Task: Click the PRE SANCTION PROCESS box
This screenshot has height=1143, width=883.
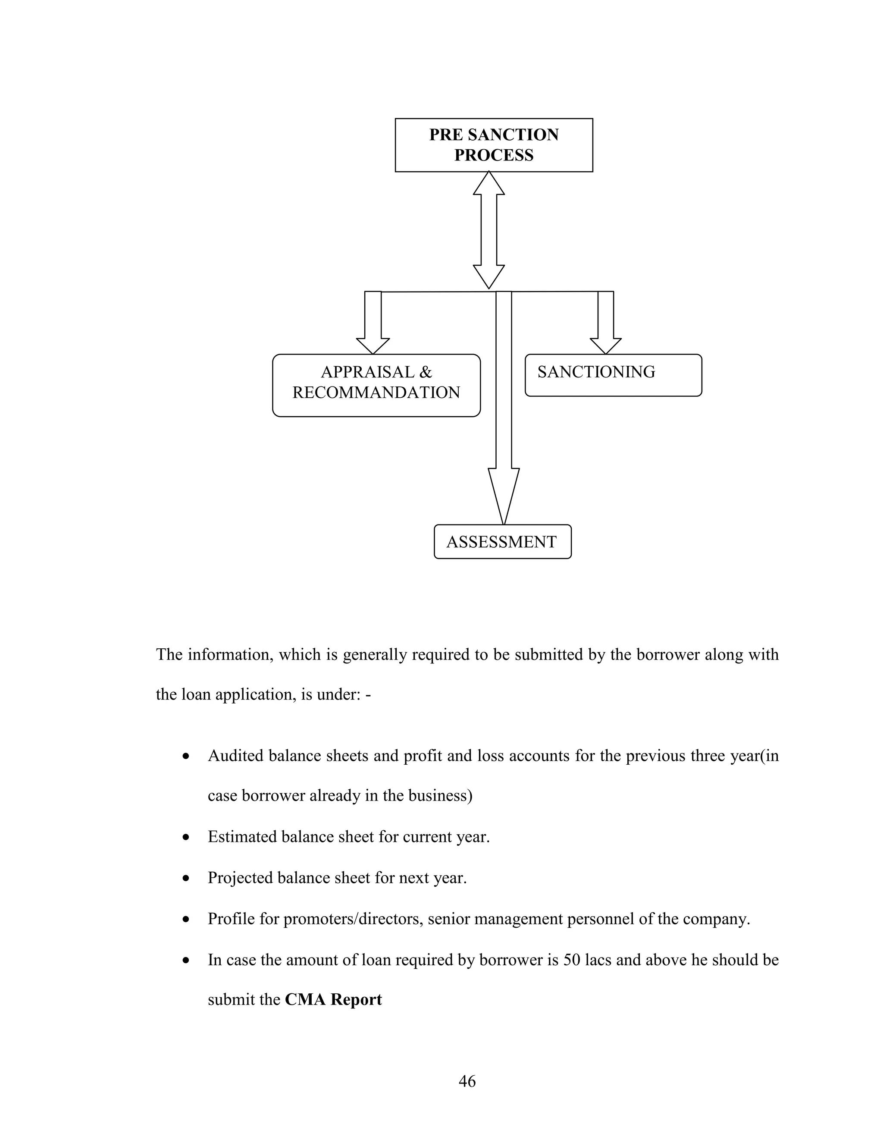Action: pos(493,145)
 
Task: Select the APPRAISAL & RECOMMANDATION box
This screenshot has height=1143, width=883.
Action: pos(376,385)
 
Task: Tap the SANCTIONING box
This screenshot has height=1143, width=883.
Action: pos(613,375)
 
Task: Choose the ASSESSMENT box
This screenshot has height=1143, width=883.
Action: pos(502,542)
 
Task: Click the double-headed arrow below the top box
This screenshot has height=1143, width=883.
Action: pos(488,230)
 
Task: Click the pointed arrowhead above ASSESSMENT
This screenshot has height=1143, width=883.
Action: pos(503,495)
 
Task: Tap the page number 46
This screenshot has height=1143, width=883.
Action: pos(467,1081)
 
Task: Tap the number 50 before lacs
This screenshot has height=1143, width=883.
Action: pos(572,960)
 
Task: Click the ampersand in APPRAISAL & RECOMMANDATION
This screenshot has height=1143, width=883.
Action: pos(425,372)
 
